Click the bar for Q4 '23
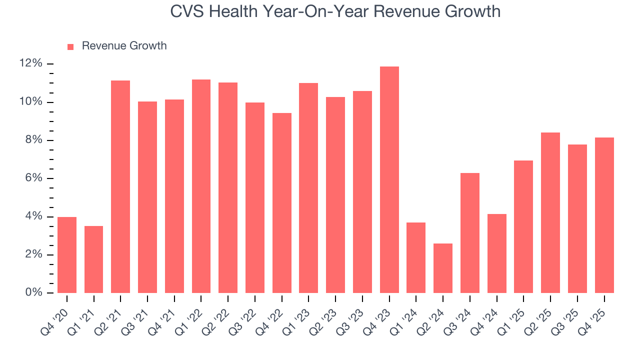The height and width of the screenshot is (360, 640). (389, 180)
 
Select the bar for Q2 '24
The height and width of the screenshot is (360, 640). (443, 268)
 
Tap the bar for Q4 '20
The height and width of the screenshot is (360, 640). (67, 255)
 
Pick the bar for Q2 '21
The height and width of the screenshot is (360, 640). (120, 186)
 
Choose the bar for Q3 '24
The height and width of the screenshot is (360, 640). (470, 233)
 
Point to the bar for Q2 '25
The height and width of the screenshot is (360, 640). (550, 212)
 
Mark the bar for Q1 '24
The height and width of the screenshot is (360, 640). (416, 257)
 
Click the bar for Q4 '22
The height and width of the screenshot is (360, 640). (281, 203)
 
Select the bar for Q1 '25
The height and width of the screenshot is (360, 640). (523, 226)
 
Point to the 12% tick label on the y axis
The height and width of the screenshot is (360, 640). (30, 63)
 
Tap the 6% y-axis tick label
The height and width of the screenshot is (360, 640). (32, 178)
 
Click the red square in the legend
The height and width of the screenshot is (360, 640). (70, 46)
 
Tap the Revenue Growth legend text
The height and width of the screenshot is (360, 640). (124, 46)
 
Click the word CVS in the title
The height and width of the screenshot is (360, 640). (187, 11)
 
